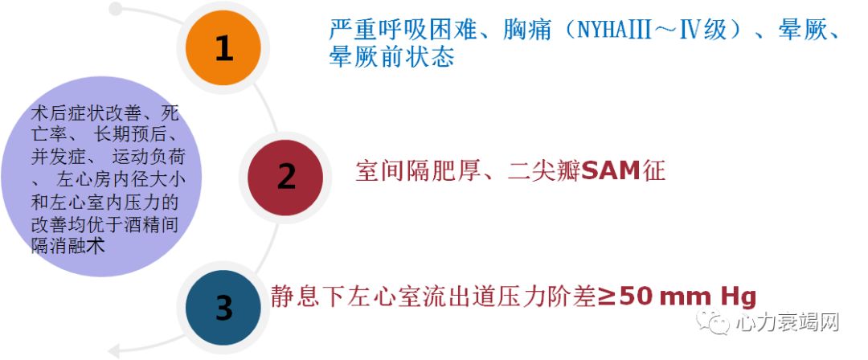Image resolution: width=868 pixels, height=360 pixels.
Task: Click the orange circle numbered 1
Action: (223, 49)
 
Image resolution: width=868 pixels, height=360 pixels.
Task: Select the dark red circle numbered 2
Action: (285, 176)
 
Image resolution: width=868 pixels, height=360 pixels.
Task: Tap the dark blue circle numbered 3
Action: (223, 307)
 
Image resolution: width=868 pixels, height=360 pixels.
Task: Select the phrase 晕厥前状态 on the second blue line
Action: (391, 58)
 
